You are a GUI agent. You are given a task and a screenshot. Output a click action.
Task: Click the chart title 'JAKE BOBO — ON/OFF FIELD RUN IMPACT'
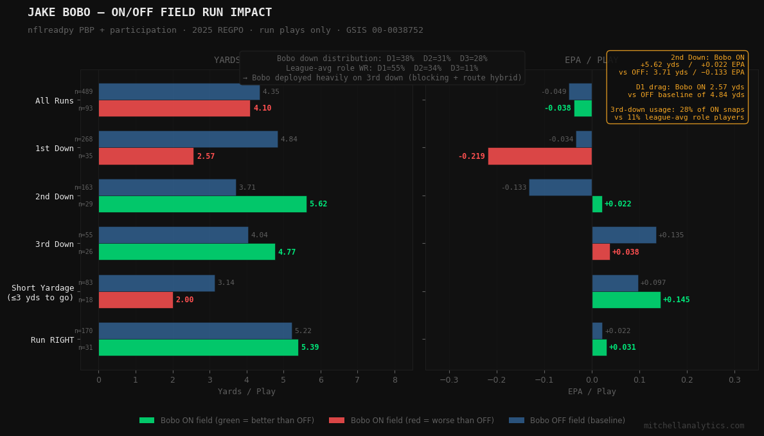(150, 13)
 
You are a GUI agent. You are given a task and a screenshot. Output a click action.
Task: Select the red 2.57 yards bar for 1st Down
(146, 156)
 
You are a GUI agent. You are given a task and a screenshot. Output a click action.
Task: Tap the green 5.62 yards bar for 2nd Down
(202, 204)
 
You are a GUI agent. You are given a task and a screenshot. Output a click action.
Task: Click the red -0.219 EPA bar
(540, 156)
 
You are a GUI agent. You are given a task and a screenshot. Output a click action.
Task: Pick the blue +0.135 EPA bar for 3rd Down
(624, 235)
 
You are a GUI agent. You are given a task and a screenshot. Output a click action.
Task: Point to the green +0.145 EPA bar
(626, 300)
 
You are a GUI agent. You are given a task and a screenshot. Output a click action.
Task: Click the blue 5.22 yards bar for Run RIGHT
(195, 331)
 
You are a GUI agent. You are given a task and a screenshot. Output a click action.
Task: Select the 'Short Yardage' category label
(40, 293)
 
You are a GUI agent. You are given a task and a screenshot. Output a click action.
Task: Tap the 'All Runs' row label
(55, 101)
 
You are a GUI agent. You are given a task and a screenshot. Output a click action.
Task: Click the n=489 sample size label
(85, 92)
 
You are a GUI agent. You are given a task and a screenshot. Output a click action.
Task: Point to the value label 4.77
(287, 252)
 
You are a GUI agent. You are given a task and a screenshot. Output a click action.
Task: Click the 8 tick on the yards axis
(395, 380)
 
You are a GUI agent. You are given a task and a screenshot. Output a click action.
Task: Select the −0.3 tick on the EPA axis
(449, 380)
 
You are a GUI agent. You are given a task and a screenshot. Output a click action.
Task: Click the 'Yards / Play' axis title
(246, 392)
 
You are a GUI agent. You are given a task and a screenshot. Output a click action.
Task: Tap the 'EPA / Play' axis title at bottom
(592, 392)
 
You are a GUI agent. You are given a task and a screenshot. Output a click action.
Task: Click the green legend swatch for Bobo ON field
(147, 421)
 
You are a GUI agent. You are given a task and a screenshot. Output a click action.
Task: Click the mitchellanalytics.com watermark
(694, 426)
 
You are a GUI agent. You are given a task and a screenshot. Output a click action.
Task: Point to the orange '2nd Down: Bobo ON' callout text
(707, 57)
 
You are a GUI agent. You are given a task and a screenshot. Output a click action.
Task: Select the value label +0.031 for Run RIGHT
(622, 347)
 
